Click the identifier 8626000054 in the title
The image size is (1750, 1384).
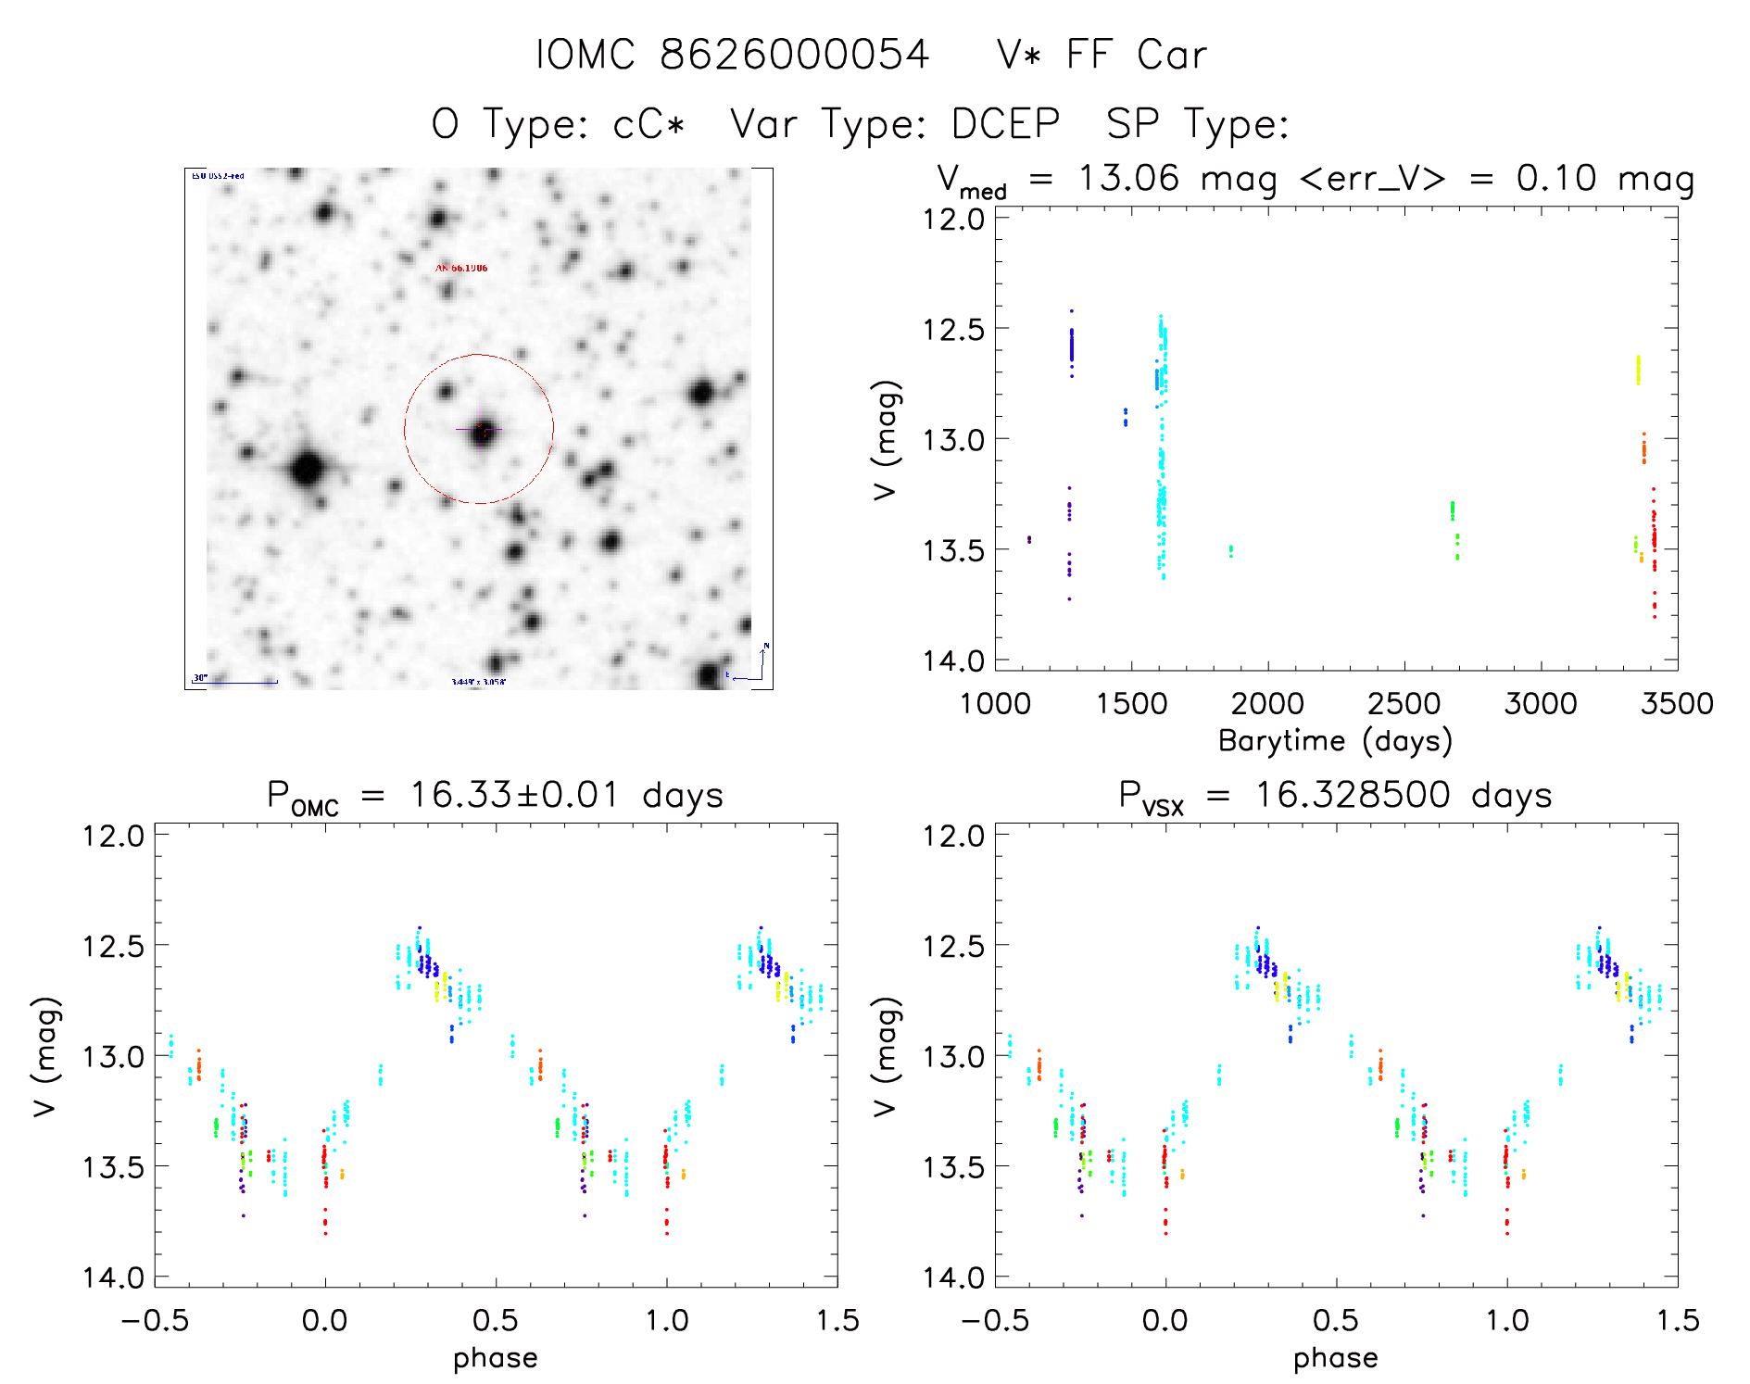point(794,55)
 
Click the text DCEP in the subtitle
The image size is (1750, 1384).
point(1005,124)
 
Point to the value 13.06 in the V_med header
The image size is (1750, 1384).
point(1128,178)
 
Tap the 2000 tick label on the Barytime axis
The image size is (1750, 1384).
point(1267,703)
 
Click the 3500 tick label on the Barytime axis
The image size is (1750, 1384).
point(1677,703)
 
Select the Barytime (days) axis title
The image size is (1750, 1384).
point(1335,741)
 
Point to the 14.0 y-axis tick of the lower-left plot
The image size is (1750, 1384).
point(114,1277)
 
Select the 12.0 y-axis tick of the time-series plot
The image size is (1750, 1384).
point(954,220)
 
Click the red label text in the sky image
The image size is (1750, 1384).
point(461,269)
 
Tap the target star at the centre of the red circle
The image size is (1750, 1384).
point(482,431)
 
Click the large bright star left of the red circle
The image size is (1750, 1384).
point(307,469)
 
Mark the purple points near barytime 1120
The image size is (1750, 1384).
point(1028,539)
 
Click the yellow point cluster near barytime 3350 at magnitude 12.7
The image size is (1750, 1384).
point(1638,370)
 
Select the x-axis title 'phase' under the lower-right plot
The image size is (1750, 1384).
point(1335,1358)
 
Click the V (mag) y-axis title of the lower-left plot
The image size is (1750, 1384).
point(46,1056)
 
